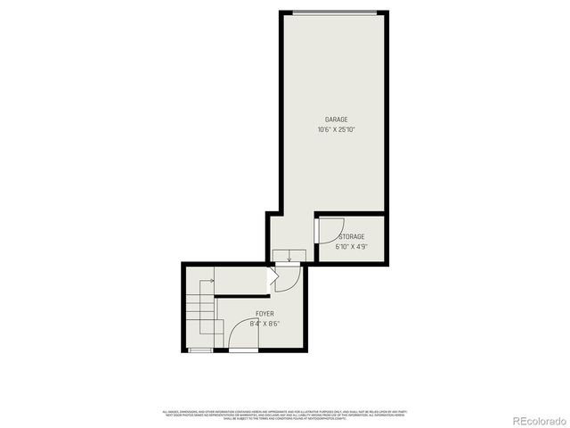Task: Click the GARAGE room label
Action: point(336,119)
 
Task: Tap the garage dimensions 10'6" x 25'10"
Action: point(336,130)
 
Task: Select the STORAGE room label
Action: point(351,236)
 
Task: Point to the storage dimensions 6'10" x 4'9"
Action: point(351,247)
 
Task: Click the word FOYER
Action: point(265,314)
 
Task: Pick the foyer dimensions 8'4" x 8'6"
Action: point(265,325)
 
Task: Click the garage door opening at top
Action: point(335,12)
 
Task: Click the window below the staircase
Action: point(200,350)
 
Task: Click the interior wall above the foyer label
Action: point(242,298)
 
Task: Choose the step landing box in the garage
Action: point(289,257)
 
